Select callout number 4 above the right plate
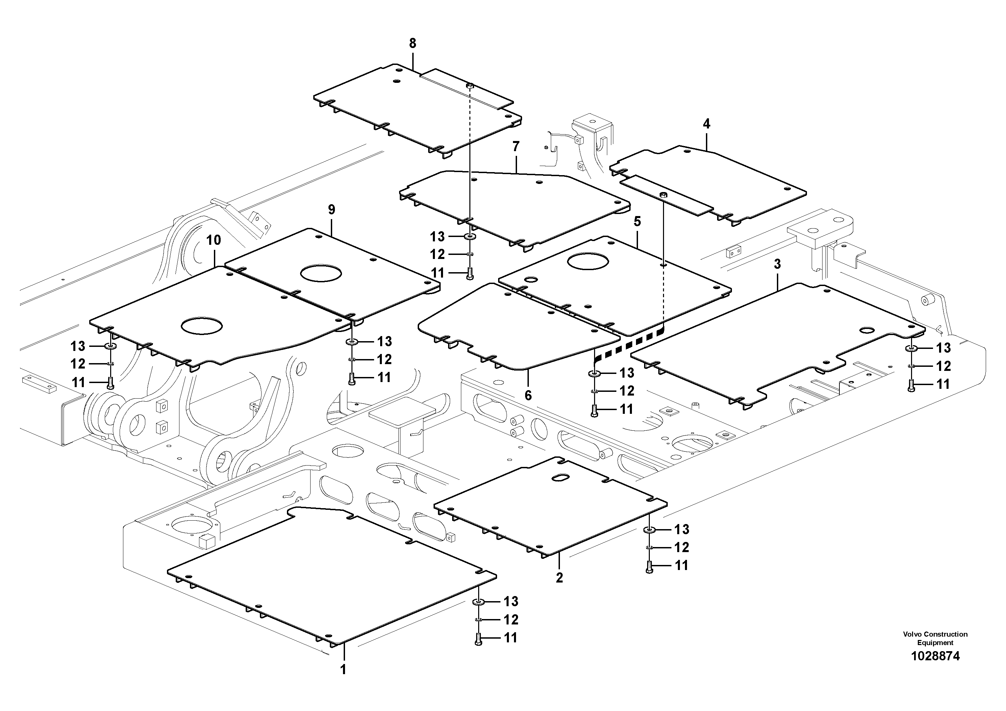point(706,124)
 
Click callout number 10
point(214,240)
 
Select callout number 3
point(777,264)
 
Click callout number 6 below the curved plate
point(528,395)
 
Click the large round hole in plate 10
point(202,326)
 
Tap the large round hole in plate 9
point(321,272)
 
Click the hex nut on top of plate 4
point(664,195)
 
